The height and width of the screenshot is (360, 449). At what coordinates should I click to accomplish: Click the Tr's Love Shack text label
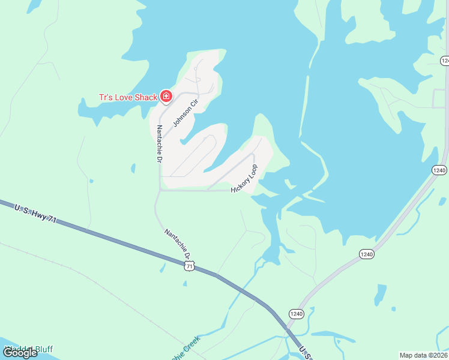tap(128, 97)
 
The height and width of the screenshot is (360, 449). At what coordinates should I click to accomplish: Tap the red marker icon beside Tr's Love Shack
tap(166, 97)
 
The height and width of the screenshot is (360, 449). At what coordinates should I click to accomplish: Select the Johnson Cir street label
tap(185, 113)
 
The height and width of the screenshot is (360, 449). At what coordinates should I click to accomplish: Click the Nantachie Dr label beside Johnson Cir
tap(159, 143)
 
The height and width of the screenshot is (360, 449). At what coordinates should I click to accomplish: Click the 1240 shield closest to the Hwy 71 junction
tap(296, 314)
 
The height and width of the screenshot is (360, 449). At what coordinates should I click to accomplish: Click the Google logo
tap(20, 353)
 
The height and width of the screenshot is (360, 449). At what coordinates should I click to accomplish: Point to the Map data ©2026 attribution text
tap(424, 355)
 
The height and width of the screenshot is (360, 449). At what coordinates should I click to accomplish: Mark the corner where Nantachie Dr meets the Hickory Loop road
tap(160, 190)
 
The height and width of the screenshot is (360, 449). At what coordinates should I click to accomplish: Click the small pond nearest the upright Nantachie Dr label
tap(133, 169)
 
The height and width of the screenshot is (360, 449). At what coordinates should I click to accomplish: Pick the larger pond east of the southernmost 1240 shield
tap(380, 294)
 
